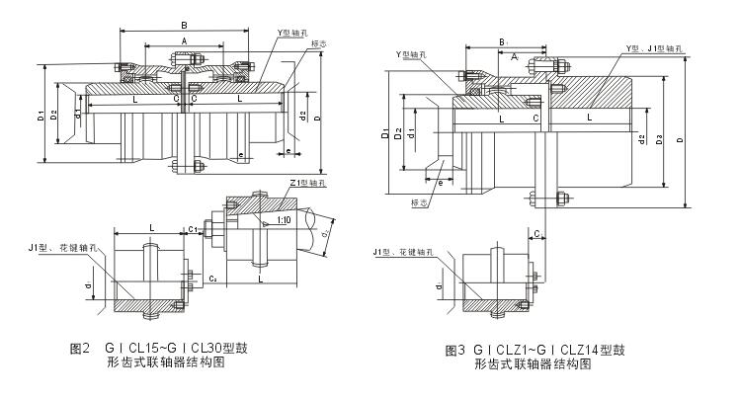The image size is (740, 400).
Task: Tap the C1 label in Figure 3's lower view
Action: tap(535, 232)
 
